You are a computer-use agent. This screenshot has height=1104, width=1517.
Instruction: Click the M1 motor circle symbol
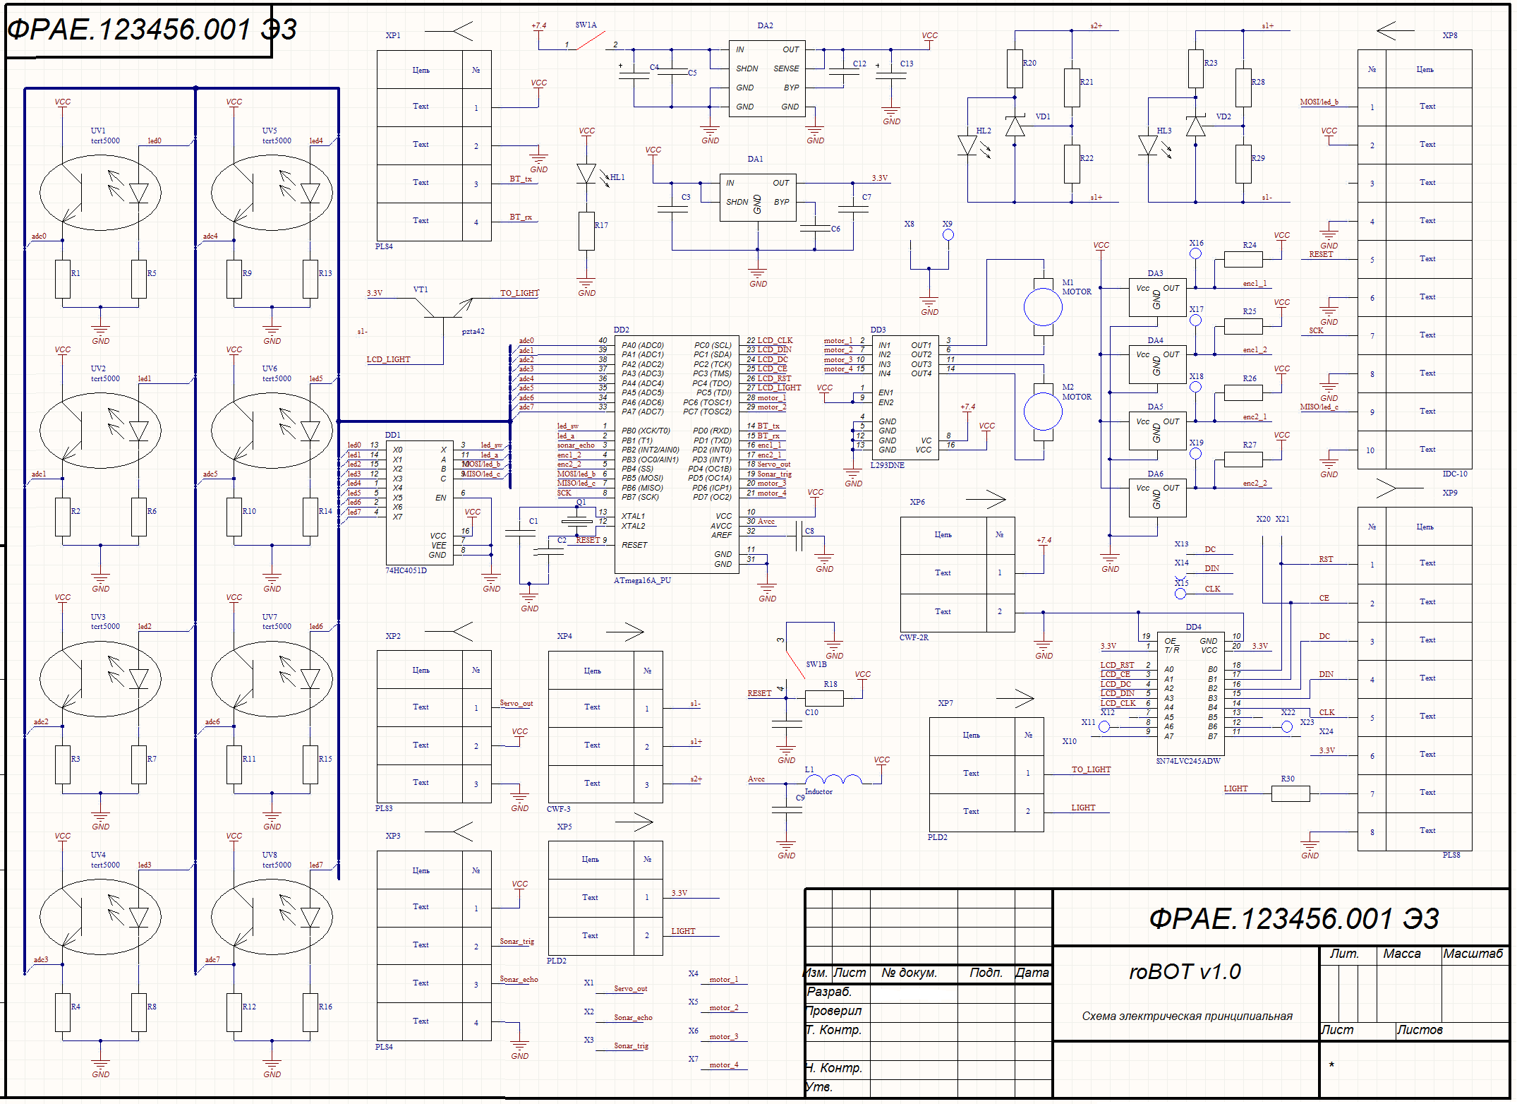[1042, 306]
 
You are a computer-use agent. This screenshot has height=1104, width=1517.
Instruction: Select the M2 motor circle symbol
[1042, 411]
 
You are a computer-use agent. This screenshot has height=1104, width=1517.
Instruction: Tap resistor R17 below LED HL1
[586, 231]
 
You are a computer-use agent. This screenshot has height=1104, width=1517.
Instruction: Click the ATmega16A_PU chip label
[642, 580]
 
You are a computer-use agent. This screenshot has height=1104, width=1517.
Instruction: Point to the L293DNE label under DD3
[887, 466]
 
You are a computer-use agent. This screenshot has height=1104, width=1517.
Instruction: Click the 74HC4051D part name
[406, 570]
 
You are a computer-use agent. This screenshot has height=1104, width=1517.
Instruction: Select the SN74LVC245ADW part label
[1188, 761]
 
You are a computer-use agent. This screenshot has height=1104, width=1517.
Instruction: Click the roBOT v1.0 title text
[1185, 972]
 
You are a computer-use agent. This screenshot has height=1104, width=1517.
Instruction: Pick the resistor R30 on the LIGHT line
[1290, 793]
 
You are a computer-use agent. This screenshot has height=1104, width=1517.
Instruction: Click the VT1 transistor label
[421, 289]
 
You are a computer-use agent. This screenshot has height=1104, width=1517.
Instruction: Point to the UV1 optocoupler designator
[98, 131]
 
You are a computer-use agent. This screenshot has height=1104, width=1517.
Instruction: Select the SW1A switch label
[586, 25]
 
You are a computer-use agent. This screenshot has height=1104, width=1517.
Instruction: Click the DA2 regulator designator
[765, 25]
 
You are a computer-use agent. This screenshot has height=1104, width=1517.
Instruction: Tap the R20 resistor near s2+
[1015, 68]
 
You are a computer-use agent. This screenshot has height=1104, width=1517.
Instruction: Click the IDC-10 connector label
[1454, 474]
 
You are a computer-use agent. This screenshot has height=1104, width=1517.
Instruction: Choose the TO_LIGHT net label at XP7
[1091, 769]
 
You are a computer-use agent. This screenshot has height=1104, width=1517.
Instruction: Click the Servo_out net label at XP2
[516, 703]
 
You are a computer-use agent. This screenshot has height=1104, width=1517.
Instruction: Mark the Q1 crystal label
[581, 502]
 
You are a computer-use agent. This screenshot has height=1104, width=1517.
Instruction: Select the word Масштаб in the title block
[1473, 954]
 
